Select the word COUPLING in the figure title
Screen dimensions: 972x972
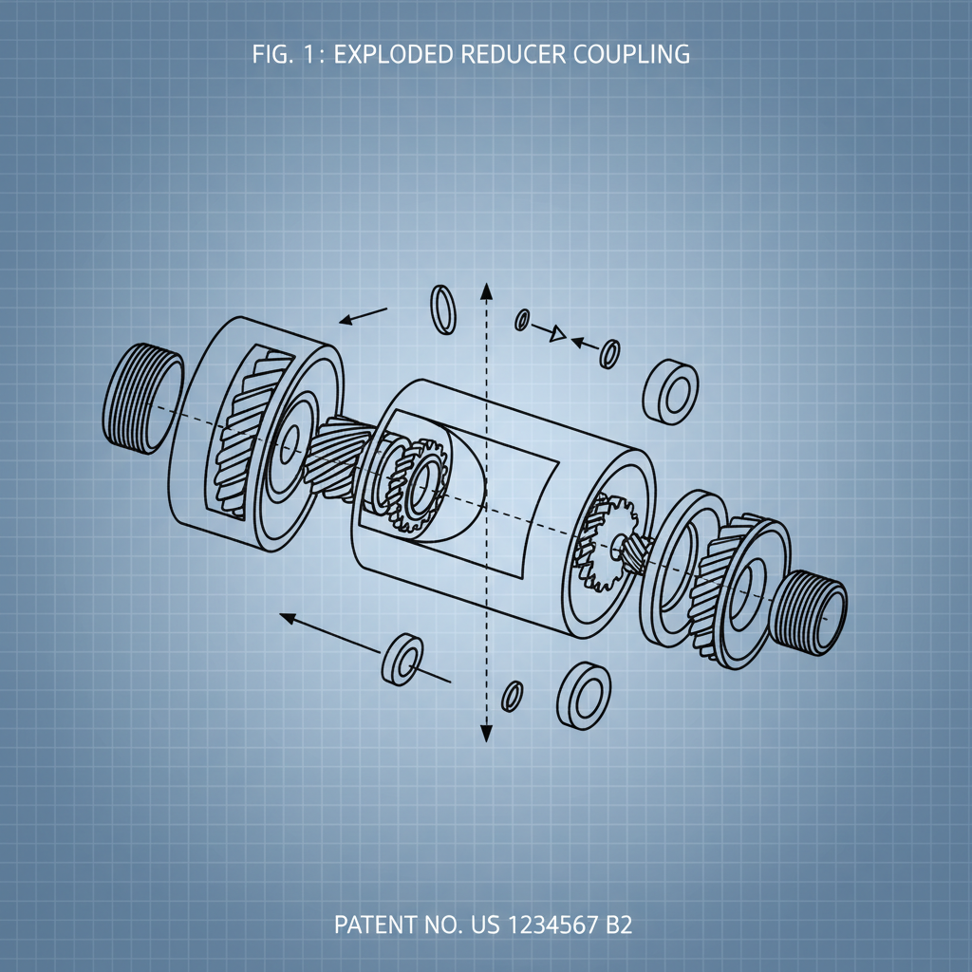point(634,55)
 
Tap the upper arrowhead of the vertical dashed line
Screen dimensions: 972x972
point(485,292)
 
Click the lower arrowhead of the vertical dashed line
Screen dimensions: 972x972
point(485,732)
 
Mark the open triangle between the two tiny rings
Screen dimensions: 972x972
point(558,333)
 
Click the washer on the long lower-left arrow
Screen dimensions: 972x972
point(403,658)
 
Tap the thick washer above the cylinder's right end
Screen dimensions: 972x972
point(671,390)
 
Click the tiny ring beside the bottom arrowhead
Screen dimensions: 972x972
point(513,694)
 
